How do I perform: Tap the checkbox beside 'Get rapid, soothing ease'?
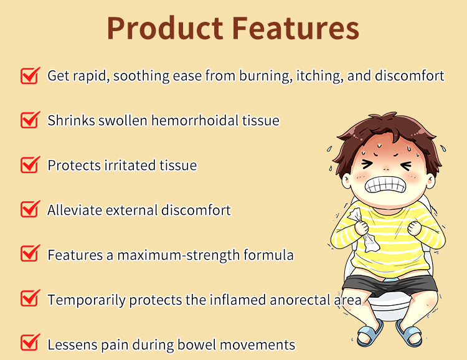click(30, 75)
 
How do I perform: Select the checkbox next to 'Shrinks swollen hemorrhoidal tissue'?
click(30, 120)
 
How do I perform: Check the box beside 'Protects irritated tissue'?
click(30, 164)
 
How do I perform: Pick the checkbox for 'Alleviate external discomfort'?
click(30, 209)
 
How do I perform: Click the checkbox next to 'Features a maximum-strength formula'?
click(30, 254)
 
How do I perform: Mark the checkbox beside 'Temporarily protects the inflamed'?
click(30, 299)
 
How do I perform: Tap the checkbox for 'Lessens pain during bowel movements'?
click(30, 343)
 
